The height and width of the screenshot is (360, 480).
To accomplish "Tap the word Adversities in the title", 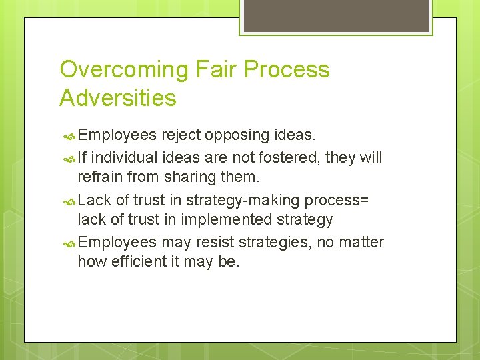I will point(118,98).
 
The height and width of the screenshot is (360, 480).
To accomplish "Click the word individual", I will point(123,157).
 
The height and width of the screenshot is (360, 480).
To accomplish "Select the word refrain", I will point(100,177).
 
